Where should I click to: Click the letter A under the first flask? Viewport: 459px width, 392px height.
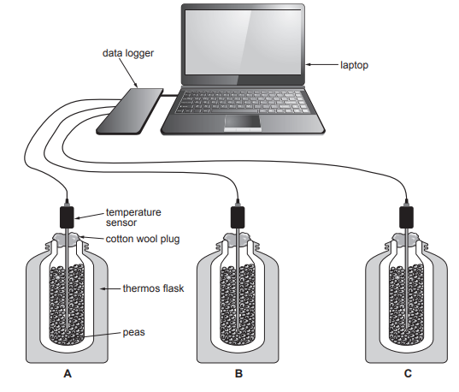pos(66,374)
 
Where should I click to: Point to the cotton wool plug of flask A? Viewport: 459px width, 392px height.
pos(68,239)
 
